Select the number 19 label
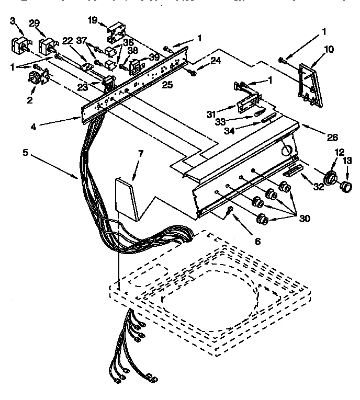click(x=92, y=20)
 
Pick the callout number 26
click(x=332, y=138)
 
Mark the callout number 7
click(x=140, y=154)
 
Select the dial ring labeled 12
click(x=331, y=178)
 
